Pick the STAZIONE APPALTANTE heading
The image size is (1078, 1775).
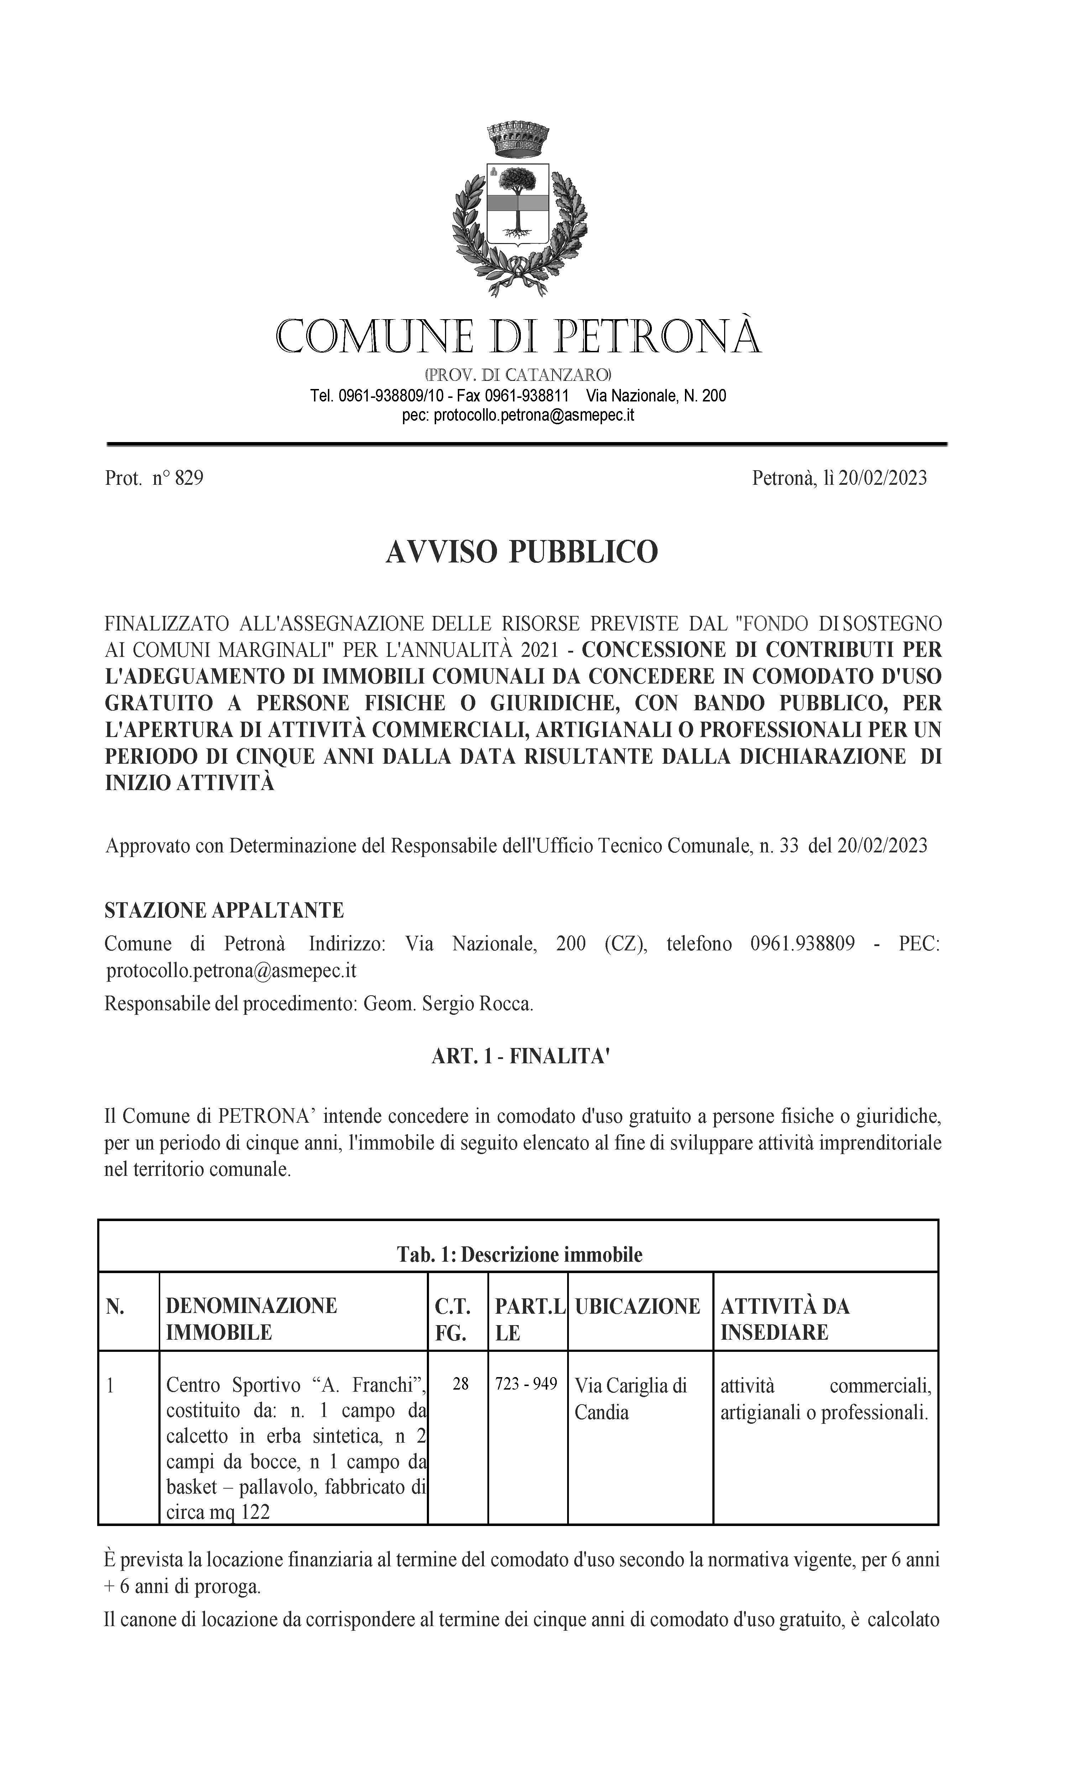coord(224,910)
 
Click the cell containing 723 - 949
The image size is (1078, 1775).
coord(527,1384)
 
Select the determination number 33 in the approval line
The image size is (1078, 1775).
coord(789,845)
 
